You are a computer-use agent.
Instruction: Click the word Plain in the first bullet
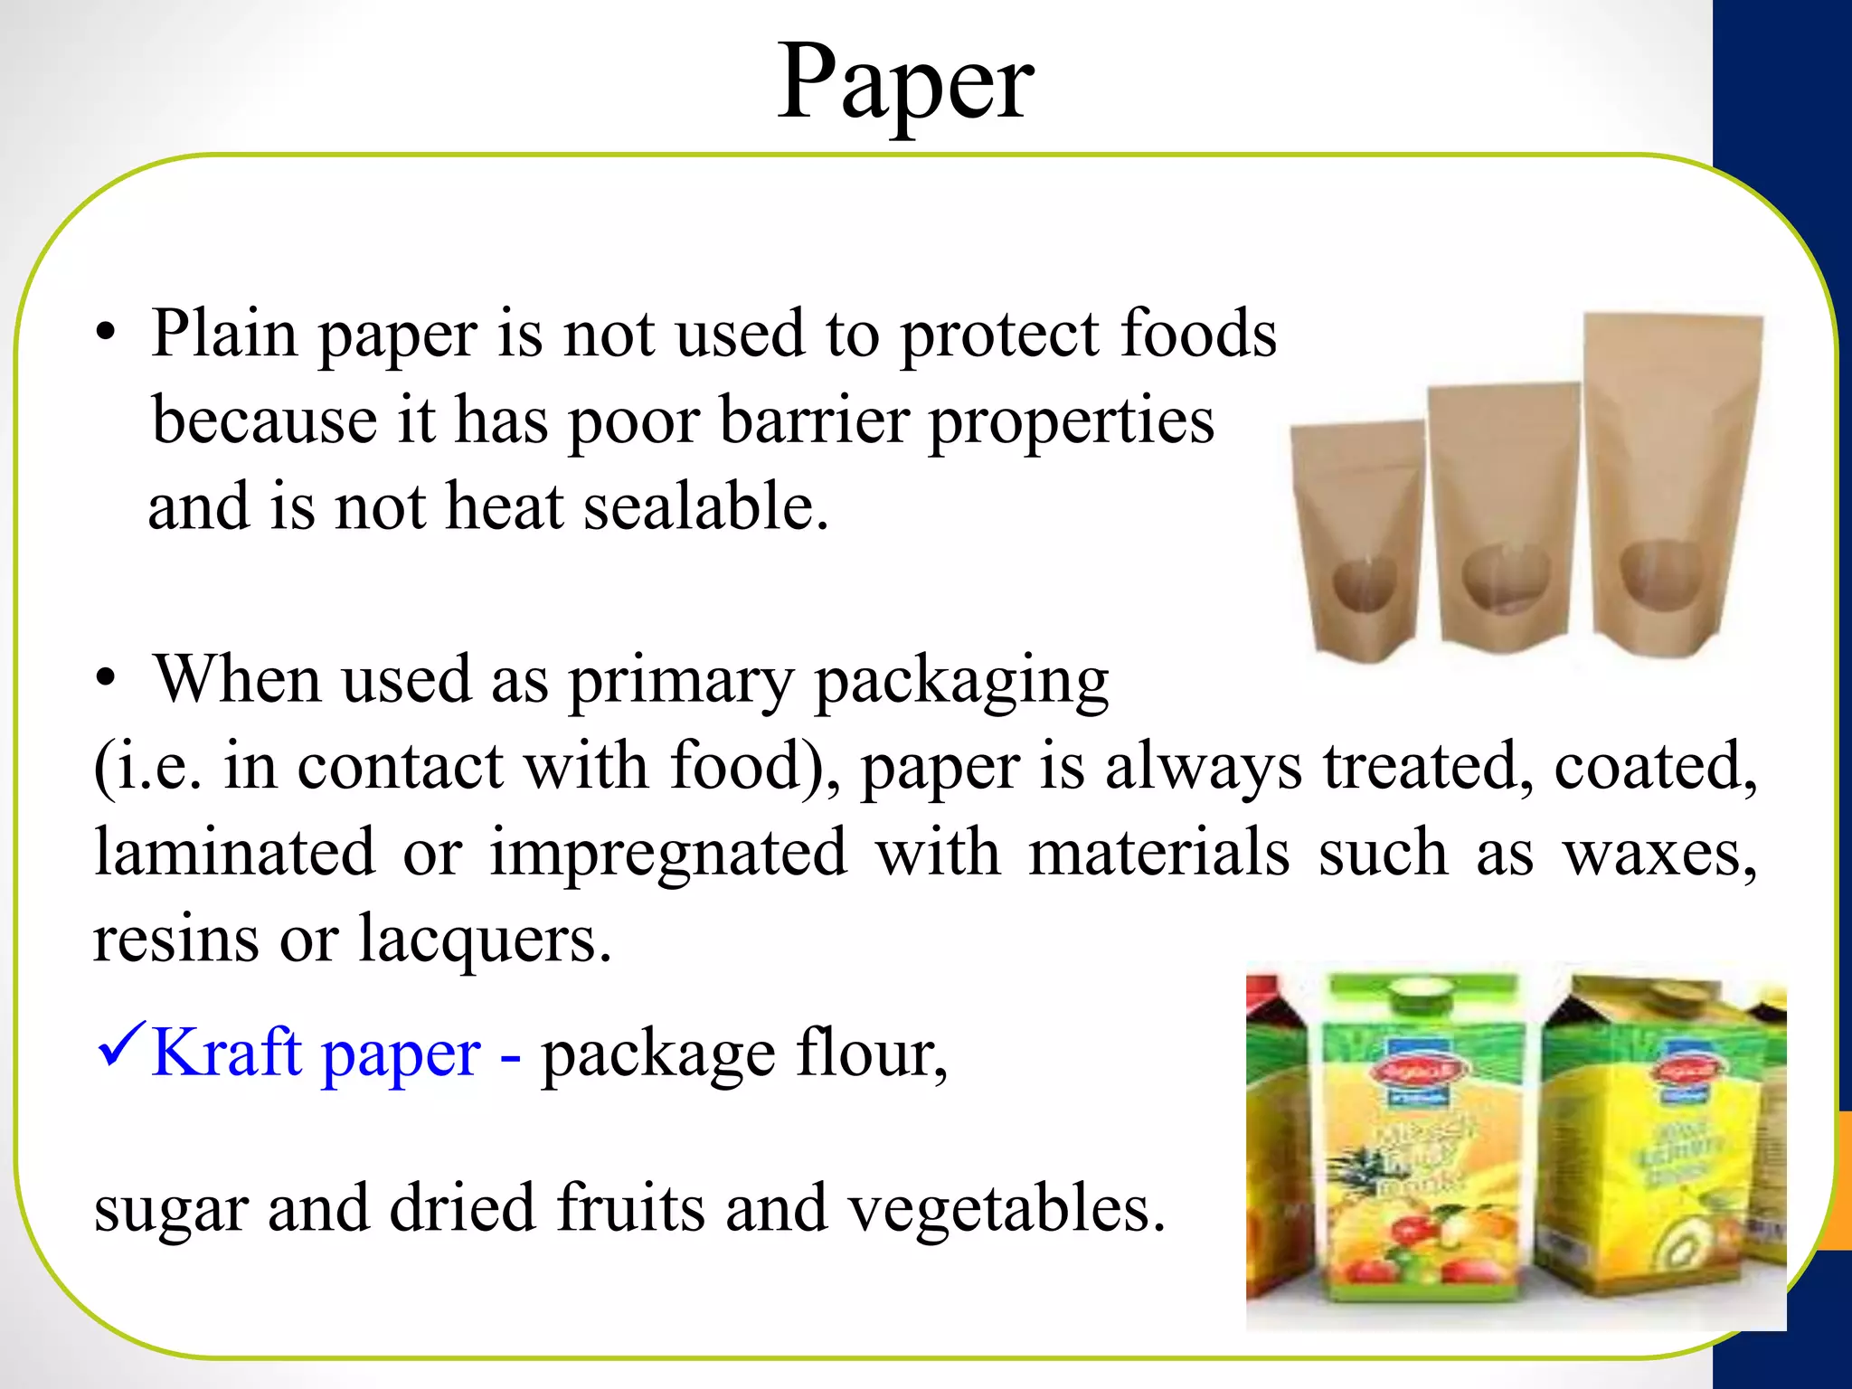click(x=224, y=334)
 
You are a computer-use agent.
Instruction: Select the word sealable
click(x=705, y=506)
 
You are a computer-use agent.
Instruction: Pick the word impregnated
click(x=668, y=854)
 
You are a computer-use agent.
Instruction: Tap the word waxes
click(x=1660, y=854)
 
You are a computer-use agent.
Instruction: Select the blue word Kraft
click(x=226, y=1053)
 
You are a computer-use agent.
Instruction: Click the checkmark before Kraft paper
click(x=120, y=1046)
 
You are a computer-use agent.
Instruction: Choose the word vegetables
click(x=1006, y=1208)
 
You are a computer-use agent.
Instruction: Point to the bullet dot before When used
click(x=107, y=680)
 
